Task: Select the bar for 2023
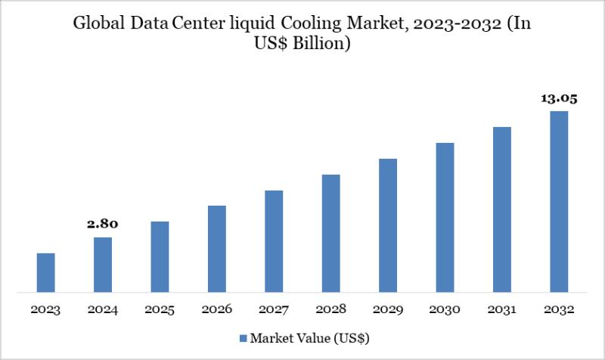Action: point(45,272)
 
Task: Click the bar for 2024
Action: point(103,265)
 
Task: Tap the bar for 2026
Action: point(217,249)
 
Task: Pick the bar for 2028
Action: point(330,233)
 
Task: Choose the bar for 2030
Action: point(445,217)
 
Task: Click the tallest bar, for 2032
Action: point(559,201)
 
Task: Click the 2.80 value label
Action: point(103,224)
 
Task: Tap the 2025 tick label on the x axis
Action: point(160,310)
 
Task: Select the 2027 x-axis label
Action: point(274,310)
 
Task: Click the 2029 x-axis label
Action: point(388,310)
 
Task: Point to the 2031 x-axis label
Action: point(502,310)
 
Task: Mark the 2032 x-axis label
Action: point(559,310)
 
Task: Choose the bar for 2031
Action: point(502,209)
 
